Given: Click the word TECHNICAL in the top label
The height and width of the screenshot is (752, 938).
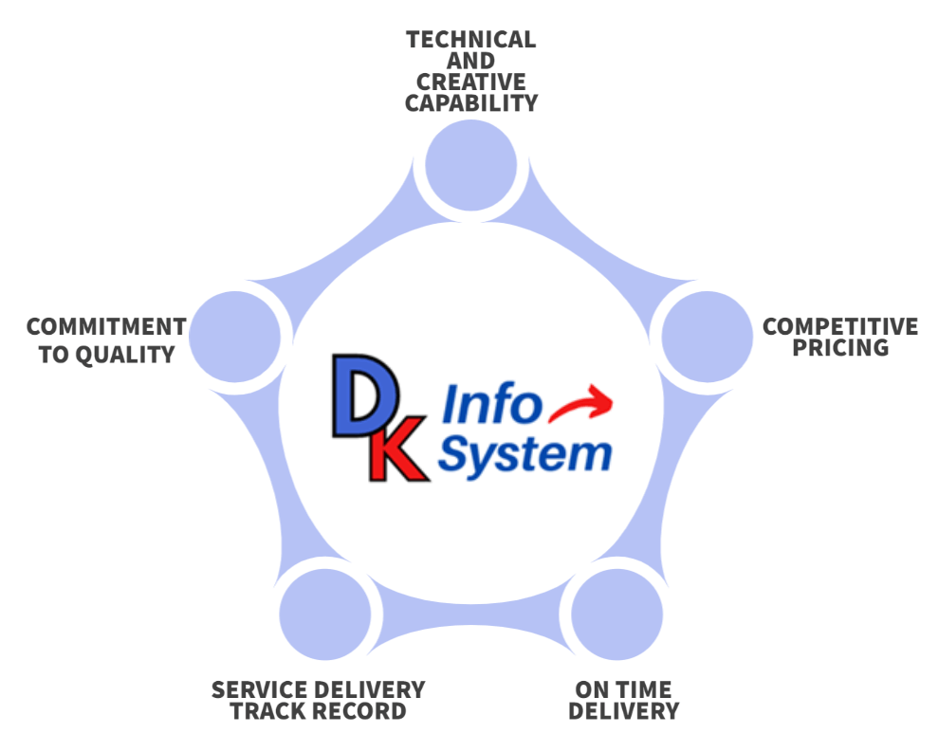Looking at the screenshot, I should pos(470,40).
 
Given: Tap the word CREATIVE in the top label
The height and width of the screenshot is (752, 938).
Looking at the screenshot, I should pos(470,83).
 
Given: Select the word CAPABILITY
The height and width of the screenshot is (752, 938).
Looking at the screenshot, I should pos(470,103).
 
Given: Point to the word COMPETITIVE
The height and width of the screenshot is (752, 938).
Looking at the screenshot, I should pos(840,327).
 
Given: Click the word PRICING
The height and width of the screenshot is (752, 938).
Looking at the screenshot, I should pos(840,348).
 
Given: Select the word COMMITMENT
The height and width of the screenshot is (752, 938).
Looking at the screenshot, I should pos(106,327).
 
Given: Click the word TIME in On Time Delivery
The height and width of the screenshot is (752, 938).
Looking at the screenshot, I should pos(643,689).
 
